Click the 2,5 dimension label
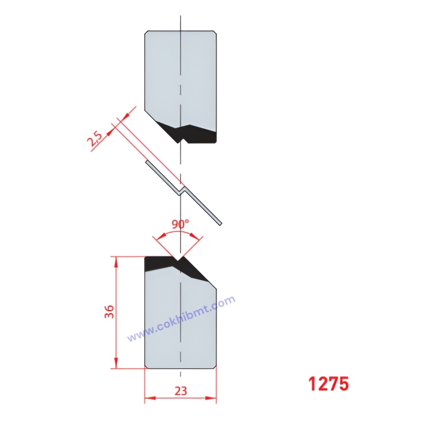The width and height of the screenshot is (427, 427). click(96, 140)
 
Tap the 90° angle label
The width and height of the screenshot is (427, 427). click(180, 224)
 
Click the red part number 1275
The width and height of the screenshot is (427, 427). click(328, 384)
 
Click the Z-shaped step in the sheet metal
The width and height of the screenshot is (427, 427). click(181, 189)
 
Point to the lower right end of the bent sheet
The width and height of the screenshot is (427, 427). click(219, 222)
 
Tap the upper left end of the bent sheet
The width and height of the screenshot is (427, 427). click(148, 164)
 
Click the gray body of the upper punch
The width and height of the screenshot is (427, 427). click(180, 75)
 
